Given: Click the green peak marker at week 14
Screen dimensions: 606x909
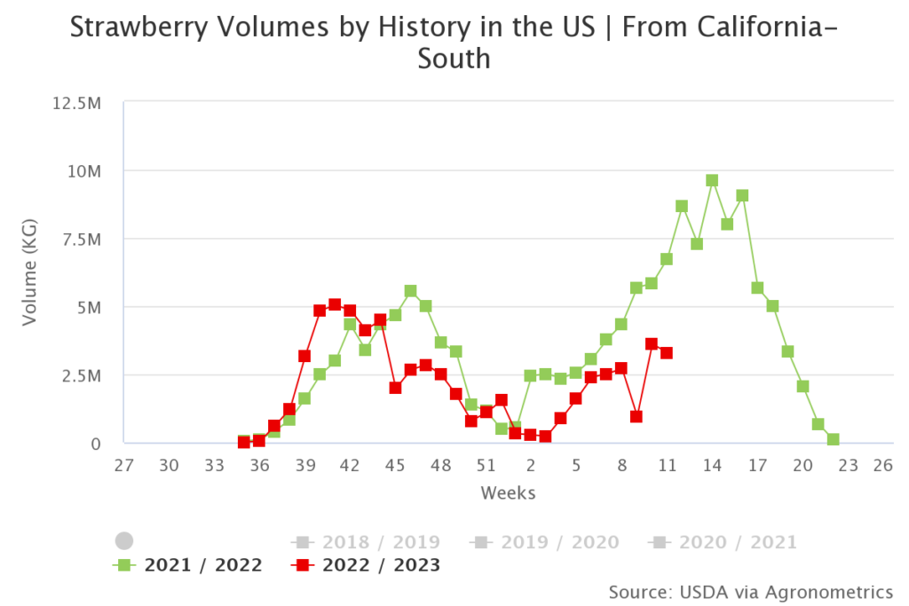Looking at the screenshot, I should (712, 180).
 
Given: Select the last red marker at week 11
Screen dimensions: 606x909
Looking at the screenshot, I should (667, 352).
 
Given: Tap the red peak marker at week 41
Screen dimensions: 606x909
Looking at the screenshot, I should (335, 304).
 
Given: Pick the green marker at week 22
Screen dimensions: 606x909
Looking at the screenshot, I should (833, 439).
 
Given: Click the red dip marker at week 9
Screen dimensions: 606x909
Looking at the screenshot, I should (636, 416).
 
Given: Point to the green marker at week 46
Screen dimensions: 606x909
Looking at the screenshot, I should (410, 291).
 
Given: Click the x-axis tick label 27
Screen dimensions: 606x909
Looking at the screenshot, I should (124, 465).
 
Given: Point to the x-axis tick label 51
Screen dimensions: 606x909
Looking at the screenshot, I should (486, 465).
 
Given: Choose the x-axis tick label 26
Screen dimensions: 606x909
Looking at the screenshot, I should (881, 465).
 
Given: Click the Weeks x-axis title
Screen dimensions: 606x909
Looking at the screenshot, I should (508, 492).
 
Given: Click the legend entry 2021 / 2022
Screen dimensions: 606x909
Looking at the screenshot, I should (203, 565).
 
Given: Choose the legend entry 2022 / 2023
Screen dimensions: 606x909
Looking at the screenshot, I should (381, 565).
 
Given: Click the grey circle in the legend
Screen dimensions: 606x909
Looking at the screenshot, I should (124, 541).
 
